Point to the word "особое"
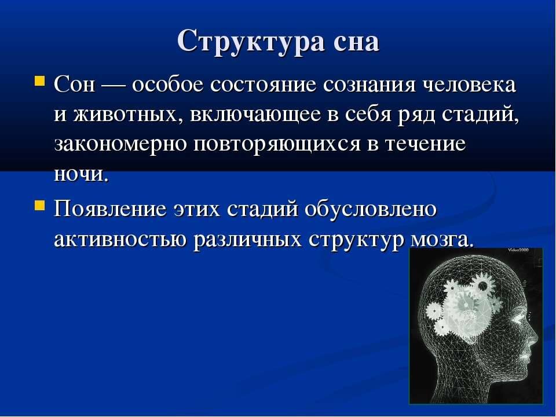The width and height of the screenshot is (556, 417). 168,85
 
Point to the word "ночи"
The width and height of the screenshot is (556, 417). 81,174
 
